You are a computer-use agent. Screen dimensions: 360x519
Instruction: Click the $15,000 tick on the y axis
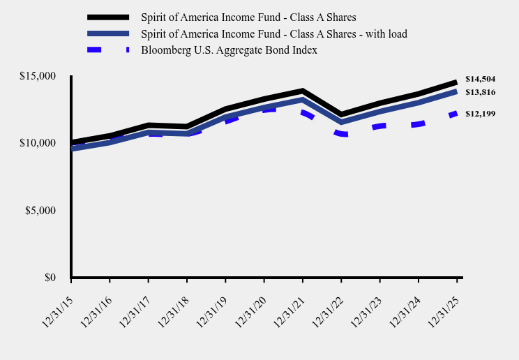pos(38,76)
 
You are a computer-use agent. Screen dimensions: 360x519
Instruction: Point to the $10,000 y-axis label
pos(38,143)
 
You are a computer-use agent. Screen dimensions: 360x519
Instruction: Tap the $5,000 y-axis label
pos(40,211)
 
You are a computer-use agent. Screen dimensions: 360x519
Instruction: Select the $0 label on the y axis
pos(50,278)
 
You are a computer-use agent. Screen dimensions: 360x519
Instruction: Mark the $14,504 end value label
pos(480,79)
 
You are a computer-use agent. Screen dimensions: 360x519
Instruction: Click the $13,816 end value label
pos(480,92)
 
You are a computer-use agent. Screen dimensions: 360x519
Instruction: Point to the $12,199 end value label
pos(480,113)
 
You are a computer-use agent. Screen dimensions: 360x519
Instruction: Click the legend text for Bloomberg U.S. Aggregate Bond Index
pos(229,50)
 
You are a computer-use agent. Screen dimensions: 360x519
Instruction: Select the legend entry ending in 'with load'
pos(273,33)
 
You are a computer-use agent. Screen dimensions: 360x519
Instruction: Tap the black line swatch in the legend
pos(108,17)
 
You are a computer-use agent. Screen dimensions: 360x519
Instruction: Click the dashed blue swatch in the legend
pos(108,50)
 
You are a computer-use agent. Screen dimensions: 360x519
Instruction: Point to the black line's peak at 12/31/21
pos(302,91)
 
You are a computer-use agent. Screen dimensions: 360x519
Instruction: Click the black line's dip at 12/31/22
pos(341,114)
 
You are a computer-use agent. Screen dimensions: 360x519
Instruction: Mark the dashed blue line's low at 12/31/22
pos(341,134)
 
